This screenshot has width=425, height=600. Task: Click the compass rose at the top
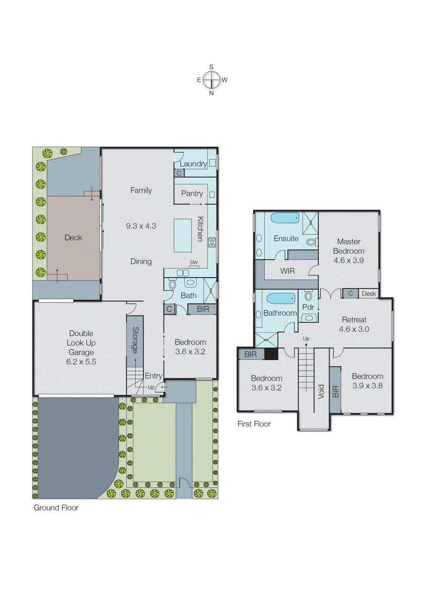pos(212,80)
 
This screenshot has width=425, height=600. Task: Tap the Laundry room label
pos(193,163)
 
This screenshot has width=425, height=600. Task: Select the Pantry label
pos(192,193)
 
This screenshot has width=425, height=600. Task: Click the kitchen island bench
pos(183,235)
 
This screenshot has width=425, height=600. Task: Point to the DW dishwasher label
pos(194,262)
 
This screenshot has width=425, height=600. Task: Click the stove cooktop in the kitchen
pos(212,242)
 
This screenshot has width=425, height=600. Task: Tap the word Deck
pos(73,237)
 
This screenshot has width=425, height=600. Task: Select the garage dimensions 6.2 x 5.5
pos(81,362)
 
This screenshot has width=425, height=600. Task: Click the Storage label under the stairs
pos(135,340)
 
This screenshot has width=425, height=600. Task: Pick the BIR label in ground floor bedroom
pos(203,309)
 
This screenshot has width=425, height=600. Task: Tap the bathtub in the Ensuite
pos(285,217)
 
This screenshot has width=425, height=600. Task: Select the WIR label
pos(287,271)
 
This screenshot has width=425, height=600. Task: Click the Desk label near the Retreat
pos(369,294)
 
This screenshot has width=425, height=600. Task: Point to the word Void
pos(321,391)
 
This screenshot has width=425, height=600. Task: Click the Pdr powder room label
pos(308,307)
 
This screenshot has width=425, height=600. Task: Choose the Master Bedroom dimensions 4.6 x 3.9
pos(348,260)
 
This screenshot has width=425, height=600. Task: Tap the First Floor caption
pos(254,424)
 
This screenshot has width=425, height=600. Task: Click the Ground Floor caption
pos(56,508)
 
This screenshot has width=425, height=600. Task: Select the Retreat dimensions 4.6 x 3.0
pos(354,329)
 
